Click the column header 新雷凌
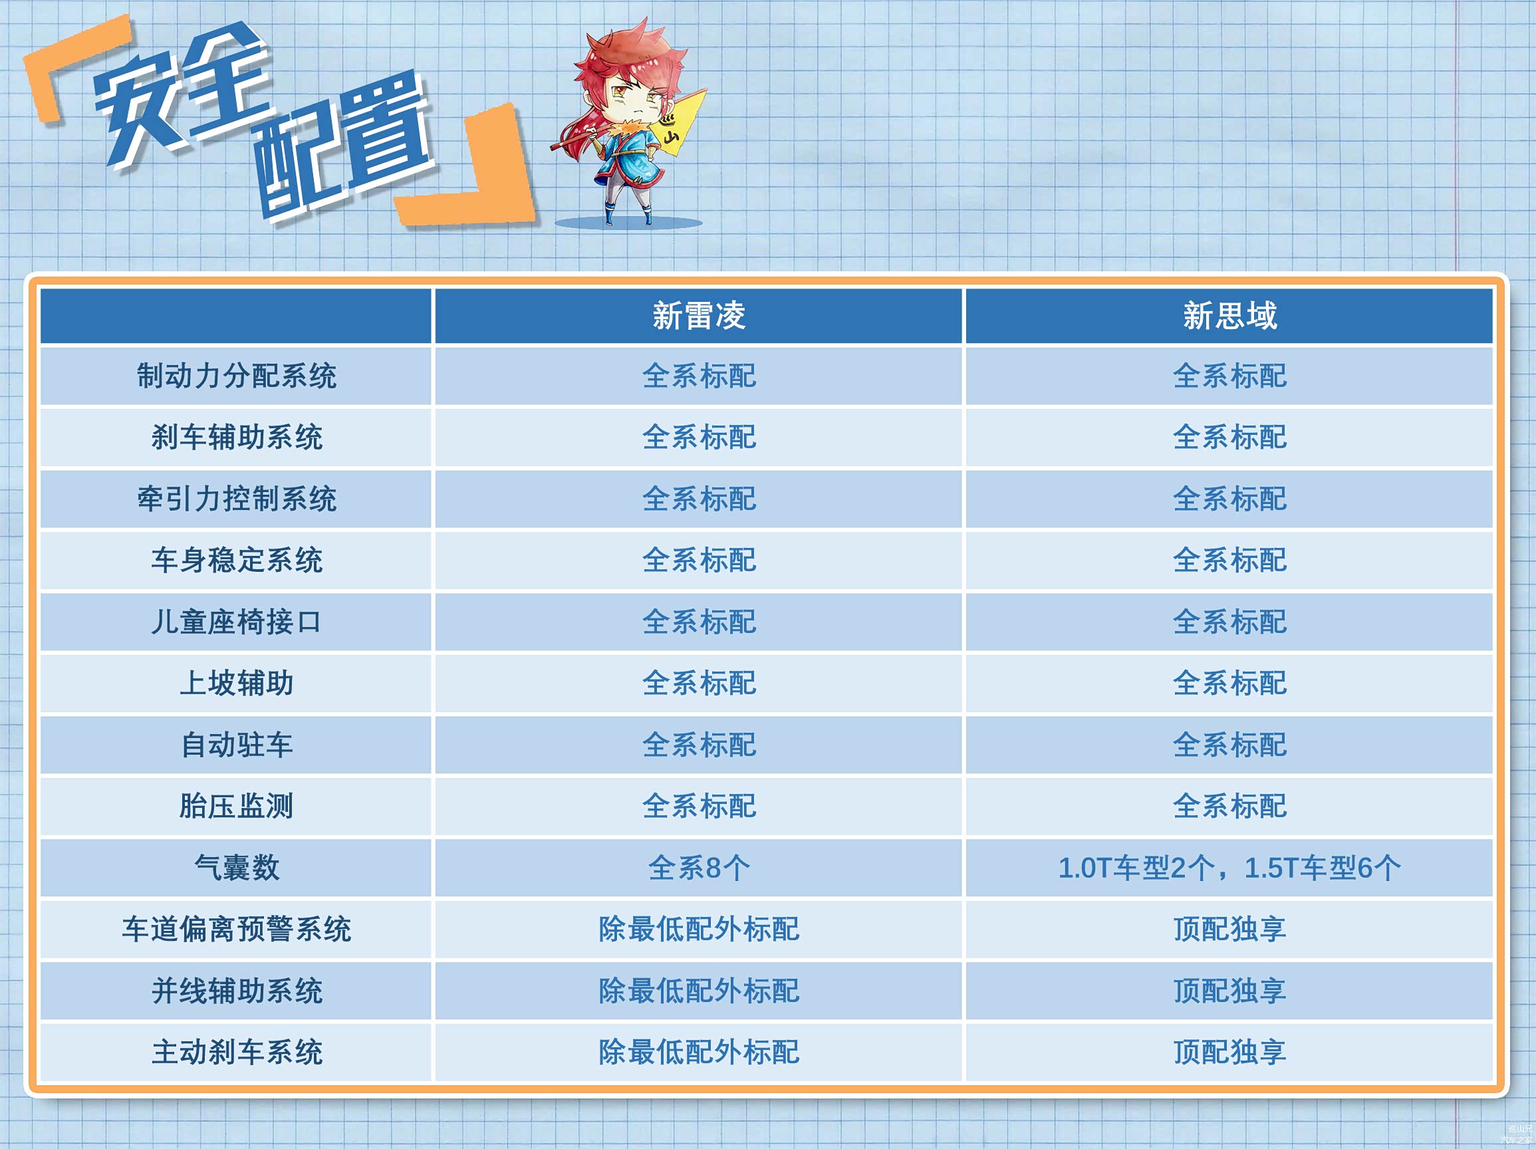pos(699,316)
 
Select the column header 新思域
pos(1229,316)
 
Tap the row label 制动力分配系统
pos(236,376)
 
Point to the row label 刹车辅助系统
pos(236,438)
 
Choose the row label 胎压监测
pos(236,806)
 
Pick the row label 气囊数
pos(236,868)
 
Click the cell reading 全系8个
pos(699,868)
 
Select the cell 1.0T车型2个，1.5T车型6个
pos(1229,868)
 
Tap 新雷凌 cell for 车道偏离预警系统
pos(699,929)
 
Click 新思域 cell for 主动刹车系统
pos(1229,1052)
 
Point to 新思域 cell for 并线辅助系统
pos(1229,991)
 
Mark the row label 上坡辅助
pos(236,683)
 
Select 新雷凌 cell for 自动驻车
pos(699,745)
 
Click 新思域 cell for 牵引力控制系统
pos(1229,499)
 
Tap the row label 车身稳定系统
pos(236,561)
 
